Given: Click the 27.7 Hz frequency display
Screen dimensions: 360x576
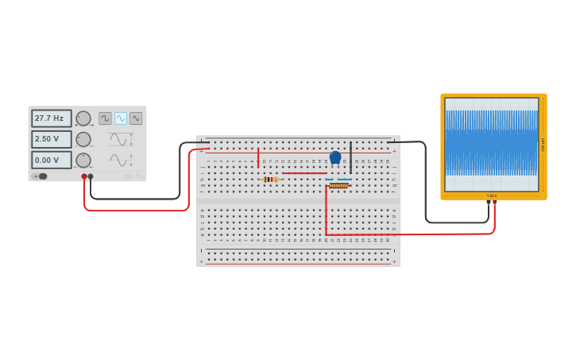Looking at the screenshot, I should pos(51,118).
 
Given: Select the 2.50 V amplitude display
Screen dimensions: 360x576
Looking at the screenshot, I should pos(51,139).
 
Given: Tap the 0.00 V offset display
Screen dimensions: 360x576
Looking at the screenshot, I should pos(51,160).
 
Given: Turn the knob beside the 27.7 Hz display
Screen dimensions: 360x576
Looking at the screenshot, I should pos(83,118).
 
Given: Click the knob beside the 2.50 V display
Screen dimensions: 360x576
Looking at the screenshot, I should pos(83,139).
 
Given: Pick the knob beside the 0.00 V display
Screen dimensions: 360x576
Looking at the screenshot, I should pos(83,160).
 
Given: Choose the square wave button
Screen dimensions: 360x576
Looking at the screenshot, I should pos(105,118).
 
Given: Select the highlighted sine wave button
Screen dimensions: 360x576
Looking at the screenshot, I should pos(120,118).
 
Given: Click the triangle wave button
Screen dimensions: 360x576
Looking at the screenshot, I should pos(136,118).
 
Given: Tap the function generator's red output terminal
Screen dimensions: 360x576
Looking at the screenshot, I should pos(84,176).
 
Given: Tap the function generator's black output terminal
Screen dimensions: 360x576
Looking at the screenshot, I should pos(91,176).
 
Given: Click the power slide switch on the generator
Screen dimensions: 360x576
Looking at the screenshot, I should pos(40,176).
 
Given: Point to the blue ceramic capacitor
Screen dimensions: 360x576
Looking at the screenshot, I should pos(335,157).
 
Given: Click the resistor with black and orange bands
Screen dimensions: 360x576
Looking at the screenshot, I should pos(271,180).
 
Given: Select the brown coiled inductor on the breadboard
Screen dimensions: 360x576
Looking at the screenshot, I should pos(338,185).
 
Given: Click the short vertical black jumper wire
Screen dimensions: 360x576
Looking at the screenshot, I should pos(350,157).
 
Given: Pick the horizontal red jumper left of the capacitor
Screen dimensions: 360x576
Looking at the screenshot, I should pos(304,173).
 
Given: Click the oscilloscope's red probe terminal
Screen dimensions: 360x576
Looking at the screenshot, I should pos(495,202).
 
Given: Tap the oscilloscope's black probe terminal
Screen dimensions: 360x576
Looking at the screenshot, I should pos(489,202).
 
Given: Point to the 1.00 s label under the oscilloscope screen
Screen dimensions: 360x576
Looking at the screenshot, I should pos(492,195).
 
